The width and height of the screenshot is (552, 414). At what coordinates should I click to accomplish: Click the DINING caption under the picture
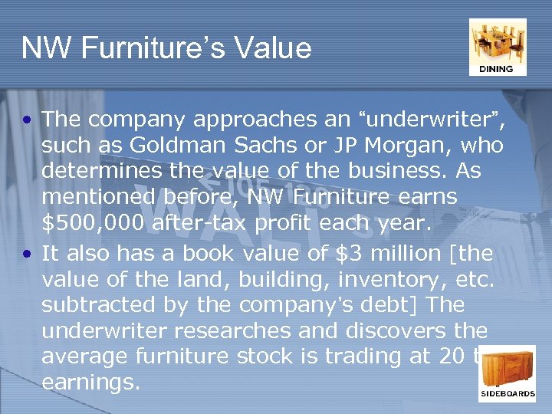[x=497, y=69]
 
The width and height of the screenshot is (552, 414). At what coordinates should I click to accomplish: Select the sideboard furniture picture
[x=507, y=370]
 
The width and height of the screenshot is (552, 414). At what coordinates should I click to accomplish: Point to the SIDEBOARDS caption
[x=508, y=394]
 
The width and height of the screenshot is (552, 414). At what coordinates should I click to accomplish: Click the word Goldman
[x=164, y=146]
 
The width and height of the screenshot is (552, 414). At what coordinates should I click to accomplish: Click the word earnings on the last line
[x=91, y=382]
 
